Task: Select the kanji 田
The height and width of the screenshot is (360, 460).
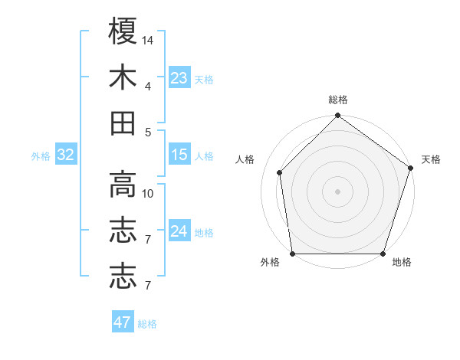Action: pos(123,123)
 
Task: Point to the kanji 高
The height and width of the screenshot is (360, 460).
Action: pos(123,185)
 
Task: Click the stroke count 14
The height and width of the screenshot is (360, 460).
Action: pos(148,40)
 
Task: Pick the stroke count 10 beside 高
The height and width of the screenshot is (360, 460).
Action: pos(148,194)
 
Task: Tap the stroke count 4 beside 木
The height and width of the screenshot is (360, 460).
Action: pos(148,87)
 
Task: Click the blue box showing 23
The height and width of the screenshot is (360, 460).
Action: pos(179,77)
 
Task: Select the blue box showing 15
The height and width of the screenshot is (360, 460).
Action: pos(179,155)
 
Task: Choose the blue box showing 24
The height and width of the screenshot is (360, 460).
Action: pos(179,231)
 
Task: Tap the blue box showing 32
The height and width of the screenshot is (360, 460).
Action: pos(65,155)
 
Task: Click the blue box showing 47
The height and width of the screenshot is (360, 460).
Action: pos(123,322)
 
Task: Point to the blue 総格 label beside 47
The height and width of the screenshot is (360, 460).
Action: pos(147,324)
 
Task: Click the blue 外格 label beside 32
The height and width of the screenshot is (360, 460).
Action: pos(41,156)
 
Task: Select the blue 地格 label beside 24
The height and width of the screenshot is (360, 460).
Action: pos(204,233)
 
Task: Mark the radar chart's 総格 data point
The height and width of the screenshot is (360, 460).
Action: pos(337,116)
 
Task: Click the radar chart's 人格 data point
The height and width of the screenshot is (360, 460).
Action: pos(280,172)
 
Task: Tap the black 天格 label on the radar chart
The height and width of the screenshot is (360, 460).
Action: pos(431,159)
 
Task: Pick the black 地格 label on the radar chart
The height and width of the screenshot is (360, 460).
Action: pos(402,262)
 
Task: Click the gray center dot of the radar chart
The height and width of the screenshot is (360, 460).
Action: pos(337,191)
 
